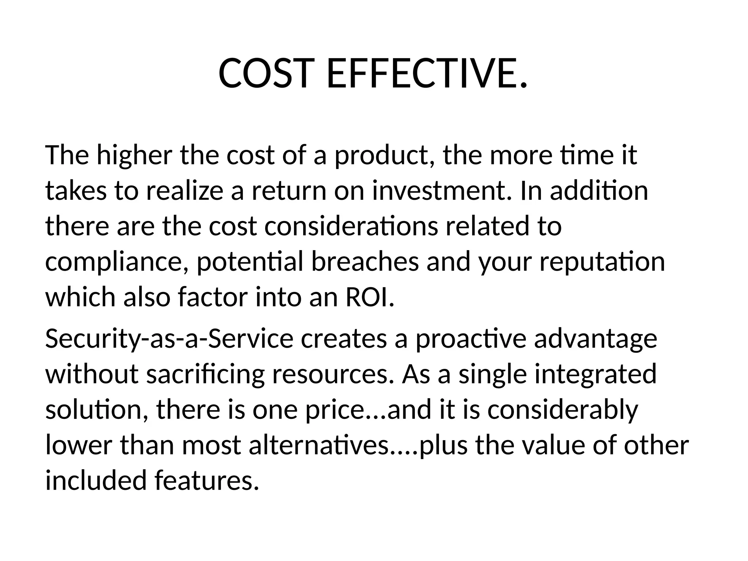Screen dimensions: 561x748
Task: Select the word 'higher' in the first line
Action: click(x=134, y=156)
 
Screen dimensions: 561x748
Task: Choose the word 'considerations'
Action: click(x=351, y=226)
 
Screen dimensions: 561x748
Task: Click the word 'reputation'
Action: click(x=602, y=262)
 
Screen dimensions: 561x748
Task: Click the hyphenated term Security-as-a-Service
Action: click(x=169, y=339)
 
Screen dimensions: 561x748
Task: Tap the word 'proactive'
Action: click(x=471, y=339)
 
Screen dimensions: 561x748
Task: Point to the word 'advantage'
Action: click(x=595, y=339)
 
